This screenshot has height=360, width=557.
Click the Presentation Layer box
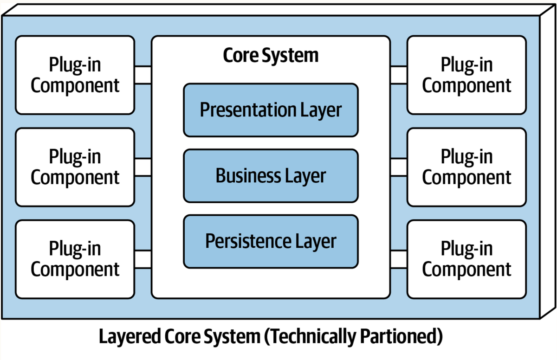(271, 110)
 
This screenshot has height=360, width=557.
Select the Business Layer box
(271, 176)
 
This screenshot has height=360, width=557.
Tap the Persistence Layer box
(271, 241)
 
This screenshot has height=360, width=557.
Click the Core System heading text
(271, 55)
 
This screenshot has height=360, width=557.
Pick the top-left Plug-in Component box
(75, 75)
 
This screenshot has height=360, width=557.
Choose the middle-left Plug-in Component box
(75, 167)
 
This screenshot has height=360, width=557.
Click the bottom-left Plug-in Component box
(75, 259)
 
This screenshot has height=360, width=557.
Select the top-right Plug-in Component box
(466, 75)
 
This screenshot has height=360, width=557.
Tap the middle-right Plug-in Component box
(466, 167)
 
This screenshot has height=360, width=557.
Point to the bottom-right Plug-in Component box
(466, 259)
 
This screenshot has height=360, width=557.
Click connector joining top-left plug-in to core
(143, 75)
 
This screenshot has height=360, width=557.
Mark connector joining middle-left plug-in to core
(143, 167)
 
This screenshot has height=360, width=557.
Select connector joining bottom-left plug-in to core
(143, 259)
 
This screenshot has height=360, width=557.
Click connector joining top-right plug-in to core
(398, 75)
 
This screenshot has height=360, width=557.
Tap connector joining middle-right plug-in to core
(398, 167)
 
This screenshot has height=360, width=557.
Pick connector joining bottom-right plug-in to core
(398, 259)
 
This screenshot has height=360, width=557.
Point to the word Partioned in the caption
(398, 337)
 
